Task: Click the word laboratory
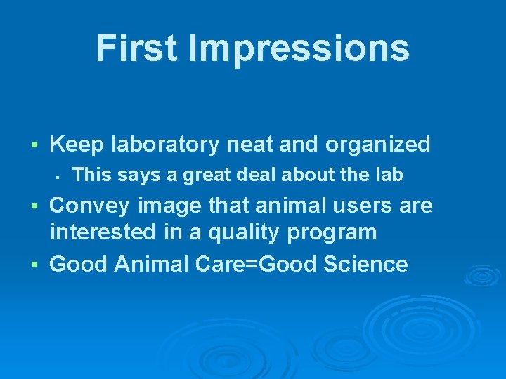coord(166,145)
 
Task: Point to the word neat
coord(249,145)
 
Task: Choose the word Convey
coord(90,206)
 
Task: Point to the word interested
coord(100,232)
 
